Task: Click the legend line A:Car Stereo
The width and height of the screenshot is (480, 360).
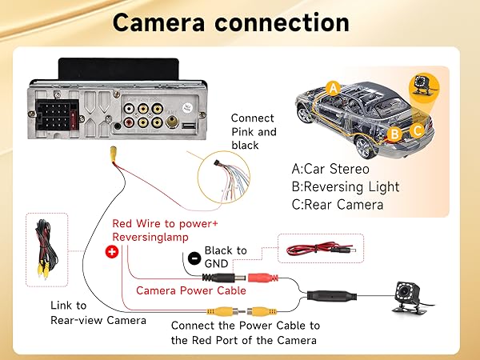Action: pyautogui.click(x=330, y=169)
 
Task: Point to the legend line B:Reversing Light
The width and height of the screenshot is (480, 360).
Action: pyautogui.click(x=346, y=186)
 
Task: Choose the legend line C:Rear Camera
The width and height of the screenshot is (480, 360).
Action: pyautogui.click(x=338, y=205)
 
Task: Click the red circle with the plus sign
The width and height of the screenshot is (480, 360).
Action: pyautogui.click(x=110, y=252)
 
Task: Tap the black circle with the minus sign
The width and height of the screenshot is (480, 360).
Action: pyautogui.click(x=194, y=258)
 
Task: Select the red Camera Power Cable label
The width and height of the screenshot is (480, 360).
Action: pyautogui.click(x=190, y=290)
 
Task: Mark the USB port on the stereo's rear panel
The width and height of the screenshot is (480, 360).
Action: pyautogui.click(x=187, y=126)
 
